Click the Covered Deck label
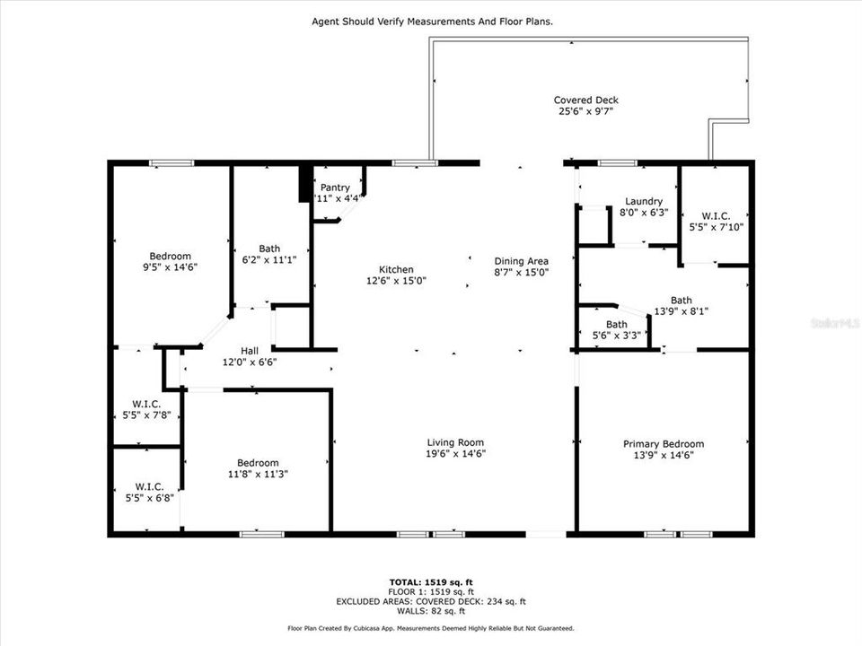click(x=585, y=100)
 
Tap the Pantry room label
click(x=335, y=188)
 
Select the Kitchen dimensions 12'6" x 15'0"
click(x=396, y=281)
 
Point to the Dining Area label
click(x=521, y=261)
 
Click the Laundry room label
click(x=644, y=201)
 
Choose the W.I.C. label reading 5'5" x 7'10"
click(x=716, y=228)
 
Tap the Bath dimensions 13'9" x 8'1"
click(x=681, y=312)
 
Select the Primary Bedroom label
click(x=664, y=443)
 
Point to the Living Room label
click(x=455, y=441)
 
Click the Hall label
click(x=250, y=350)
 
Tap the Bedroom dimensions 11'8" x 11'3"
click(x=258, y=474)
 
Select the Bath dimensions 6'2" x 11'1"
click(x=269, y=260)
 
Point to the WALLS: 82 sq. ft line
click(x=430, y=611)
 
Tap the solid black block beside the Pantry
click(x=304, y=183)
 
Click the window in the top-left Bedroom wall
click(x=172, y=163)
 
